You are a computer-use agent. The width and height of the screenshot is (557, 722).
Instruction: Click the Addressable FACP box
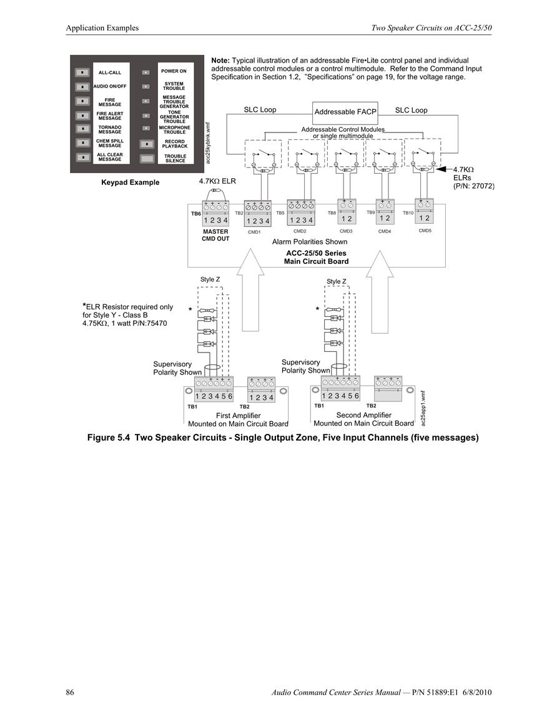(345, 113)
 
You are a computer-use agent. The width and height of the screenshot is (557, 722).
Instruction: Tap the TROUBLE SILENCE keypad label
(175, 158)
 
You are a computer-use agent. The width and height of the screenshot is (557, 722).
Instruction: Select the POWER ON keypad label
(174, 71)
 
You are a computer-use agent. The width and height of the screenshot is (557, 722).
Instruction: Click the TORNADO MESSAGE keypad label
(110, 129)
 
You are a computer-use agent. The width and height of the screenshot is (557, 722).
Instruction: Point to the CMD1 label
(254, 232)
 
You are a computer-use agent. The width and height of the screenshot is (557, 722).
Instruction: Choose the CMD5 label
(425, 231)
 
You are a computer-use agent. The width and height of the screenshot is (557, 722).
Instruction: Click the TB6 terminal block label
(196, 214)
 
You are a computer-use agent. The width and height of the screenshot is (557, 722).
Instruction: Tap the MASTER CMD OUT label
(215, 235)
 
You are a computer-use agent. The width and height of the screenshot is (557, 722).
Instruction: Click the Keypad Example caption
(130, 183)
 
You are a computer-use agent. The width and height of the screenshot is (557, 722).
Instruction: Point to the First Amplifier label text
(239, 415)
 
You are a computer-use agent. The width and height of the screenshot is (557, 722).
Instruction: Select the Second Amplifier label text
(364, 415)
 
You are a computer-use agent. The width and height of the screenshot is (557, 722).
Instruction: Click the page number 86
(70, 692)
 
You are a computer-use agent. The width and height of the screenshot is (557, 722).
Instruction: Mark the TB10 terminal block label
(408, 213)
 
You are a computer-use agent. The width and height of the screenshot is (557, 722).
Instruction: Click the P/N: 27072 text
(474, 186)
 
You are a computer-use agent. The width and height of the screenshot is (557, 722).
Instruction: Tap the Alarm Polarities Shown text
(310, 242)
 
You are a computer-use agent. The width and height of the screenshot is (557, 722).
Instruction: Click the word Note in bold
(220, 60)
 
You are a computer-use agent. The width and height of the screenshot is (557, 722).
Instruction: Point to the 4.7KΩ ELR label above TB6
(217, 181)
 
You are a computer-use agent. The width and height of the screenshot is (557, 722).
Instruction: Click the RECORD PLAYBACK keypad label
(175, 144)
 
